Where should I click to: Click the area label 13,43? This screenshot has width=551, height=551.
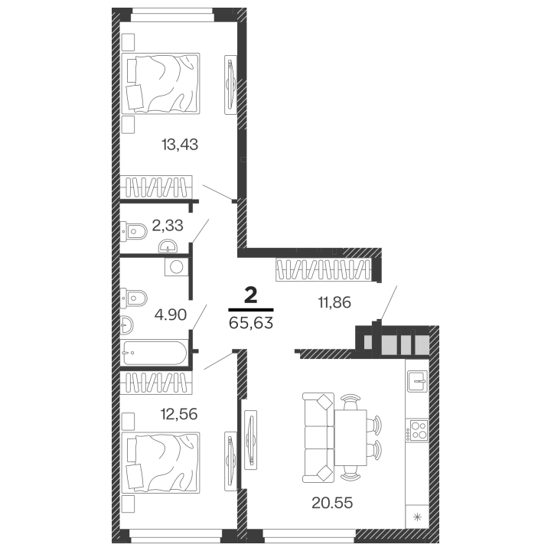pos(180,145)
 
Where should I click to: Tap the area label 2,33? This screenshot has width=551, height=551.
pos(168,225)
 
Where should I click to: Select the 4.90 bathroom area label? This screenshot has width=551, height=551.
pos(171,315)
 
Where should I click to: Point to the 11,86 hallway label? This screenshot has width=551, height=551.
pos(334,302)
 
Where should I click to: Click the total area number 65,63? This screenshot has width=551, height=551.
pos(251,323)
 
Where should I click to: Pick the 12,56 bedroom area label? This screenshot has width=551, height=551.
pos(179,414)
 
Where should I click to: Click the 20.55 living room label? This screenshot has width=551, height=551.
pos(332,503)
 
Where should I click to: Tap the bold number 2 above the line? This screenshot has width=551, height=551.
pos(251,296)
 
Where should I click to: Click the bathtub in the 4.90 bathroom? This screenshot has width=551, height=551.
pos(155,353)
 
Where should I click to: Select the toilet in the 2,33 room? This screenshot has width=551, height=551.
pos(133,231)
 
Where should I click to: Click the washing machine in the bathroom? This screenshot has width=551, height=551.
pos(177,267)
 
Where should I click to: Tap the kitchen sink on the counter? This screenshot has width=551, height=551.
pos(417,381)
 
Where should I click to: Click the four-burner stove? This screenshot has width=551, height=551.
pos(417,430)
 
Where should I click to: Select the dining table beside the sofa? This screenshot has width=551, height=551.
pos(350,438)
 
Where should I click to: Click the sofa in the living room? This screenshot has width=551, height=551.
pos(318,438)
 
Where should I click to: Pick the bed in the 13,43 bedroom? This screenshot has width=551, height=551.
pos(161,83)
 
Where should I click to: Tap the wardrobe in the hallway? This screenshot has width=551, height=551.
pos(323,270)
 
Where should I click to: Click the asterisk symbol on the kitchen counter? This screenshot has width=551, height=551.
pos(417,517)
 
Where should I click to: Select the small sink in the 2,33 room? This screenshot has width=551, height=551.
pos(168,246)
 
